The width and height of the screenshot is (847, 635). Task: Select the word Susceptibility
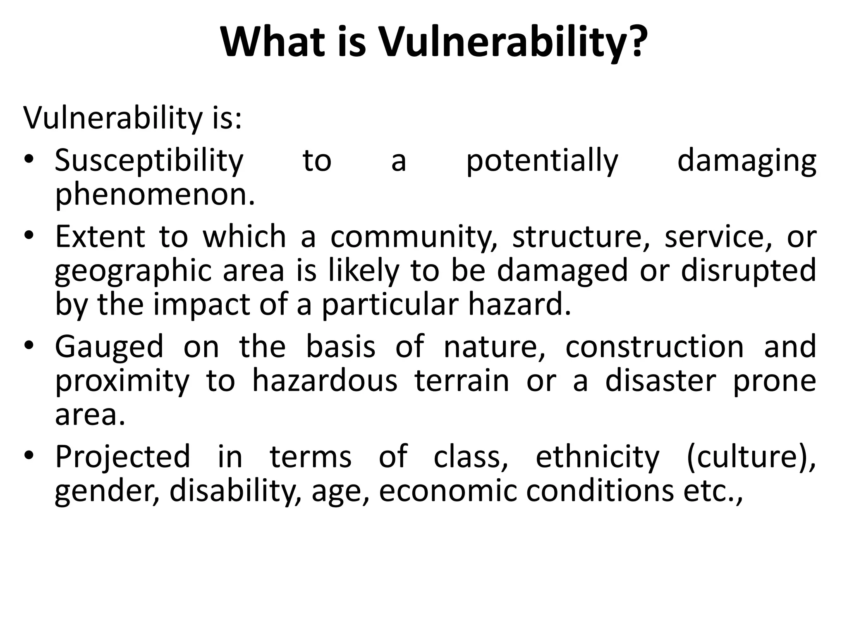pyautogui.click(x=149, y=161)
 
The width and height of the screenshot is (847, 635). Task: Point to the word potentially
pyautogui.click(x=542, y=161)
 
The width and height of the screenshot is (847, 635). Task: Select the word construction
pyautogui.click(x=655, y=346)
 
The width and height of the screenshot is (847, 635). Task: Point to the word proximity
pyautogui.click(x=122, y=381)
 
